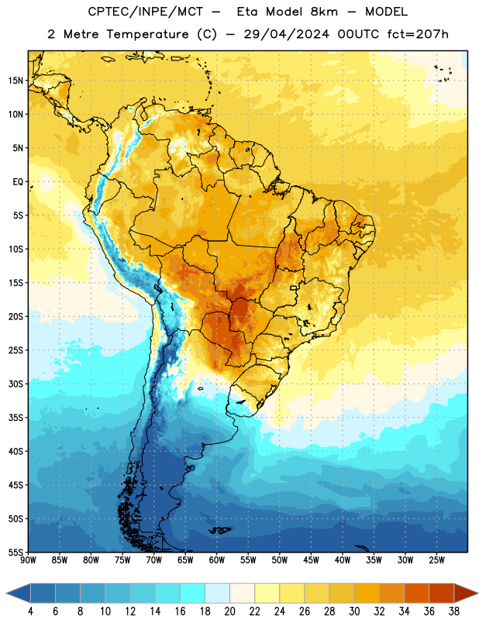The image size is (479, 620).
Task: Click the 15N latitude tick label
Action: pyautogui.click(x=16, y=81)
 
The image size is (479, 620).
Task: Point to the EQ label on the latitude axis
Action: pyautogui.click(x=18, y=182)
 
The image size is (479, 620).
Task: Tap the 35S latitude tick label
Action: pyautogui.click(x=16, y=418)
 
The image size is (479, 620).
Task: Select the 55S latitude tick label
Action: pyautogui.click(x=16, y=552)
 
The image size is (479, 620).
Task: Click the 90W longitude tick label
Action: pyautogui.click(x=28, y=560)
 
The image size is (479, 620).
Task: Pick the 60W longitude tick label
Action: pyautogui.click(x=217, y=560)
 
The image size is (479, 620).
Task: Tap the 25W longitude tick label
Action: pyautogui.click(x=436, y=560)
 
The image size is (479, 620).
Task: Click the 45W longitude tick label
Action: pyautogui.click(x=311, y=560)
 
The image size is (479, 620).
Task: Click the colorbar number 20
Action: pyautogui.click(x=229, y=611)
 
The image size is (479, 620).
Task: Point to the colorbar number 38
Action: pyautogui.click(x=454, y=611)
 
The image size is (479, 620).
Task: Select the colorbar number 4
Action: pyautogui.click(x=30, y=611)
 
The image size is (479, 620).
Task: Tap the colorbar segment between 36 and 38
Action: pyautogui.click(x=442, y=593)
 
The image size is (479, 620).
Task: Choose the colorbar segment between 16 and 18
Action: pyautogui.click(x=193, y=593)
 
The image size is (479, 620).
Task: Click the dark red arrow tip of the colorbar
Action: pyautogui.click(x=477, y=593)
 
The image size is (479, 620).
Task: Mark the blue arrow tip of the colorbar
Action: pyautogui.click(x=7, y=593)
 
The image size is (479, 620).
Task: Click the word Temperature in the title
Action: pyautogui.click(x=147, y=34)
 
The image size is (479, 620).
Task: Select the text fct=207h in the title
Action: pyautogui.click(x=418, y=34)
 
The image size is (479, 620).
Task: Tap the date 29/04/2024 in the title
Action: pyautogui.click(x=286, y=34)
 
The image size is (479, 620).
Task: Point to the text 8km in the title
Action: pyautogui.click(x=324, y=12)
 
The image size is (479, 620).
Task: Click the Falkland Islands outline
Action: pyautogui.click(x=220, y=530)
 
